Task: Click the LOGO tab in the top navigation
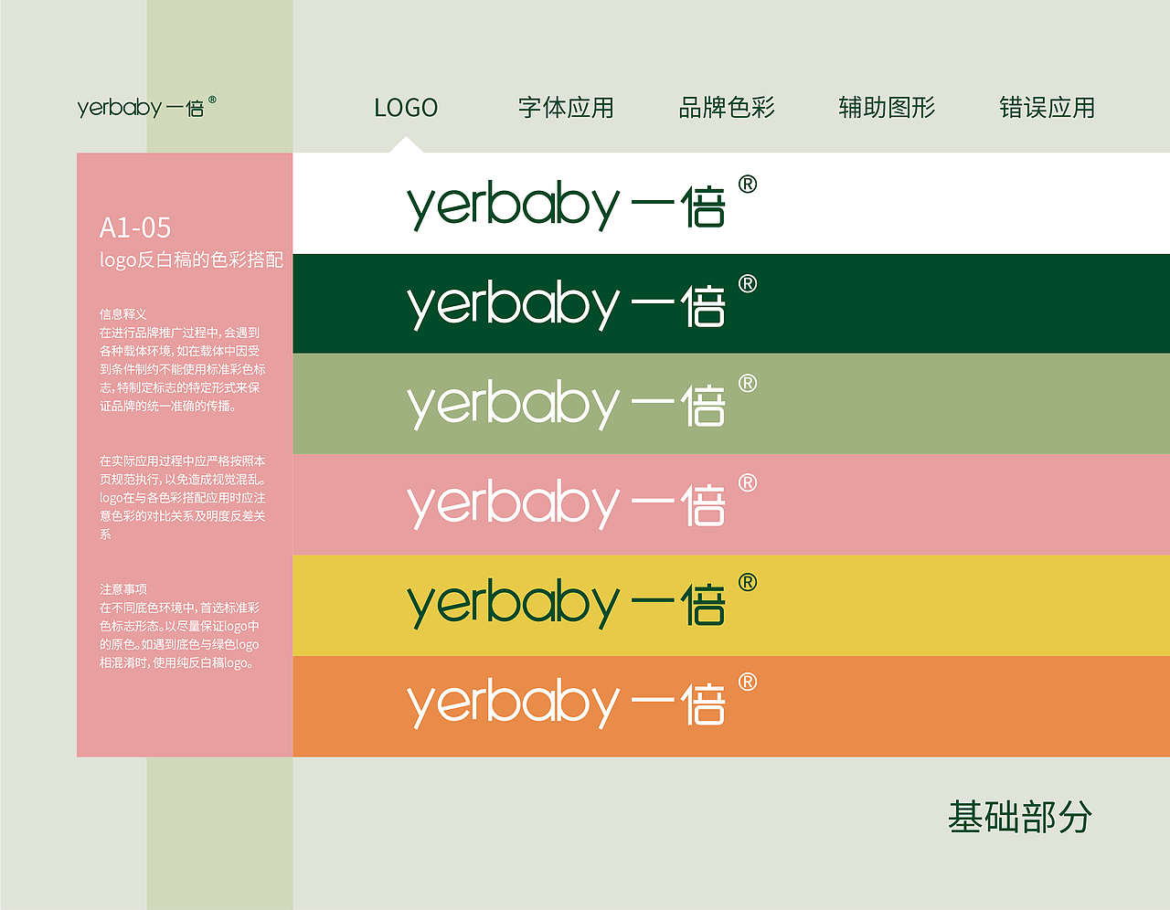tap(406, 108)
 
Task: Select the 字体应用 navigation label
tap(566, 108)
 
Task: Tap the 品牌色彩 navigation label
tap(727, 108)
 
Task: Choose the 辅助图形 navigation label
tap(887, 108)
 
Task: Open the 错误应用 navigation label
tap(1047, 108)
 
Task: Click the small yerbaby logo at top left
tap(146, 107)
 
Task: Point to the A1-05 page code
tap(135, 227)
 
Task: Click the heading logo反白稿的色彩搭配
tap(191, 260)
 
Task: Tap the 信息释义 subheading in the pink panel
tap(123, 314)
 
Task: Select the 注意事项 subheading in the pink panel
tap(123, 589)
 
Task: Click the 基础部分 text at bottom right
tap(1019, 817)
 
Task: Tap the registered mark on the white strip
tap(748, 185)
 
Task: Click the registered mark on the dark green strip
tap(748, 284)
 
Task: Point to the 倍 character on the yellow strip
tap(704, 605)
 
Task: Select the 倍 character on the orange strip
tap(704, 704)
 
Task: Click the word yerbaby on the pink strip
tap(514, 504)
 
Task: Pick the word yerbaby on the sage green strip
tap(514, 405)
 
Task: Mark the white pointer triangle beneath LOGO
tap(406, 145)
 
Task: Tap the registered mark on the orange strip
tap(748, 682)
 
